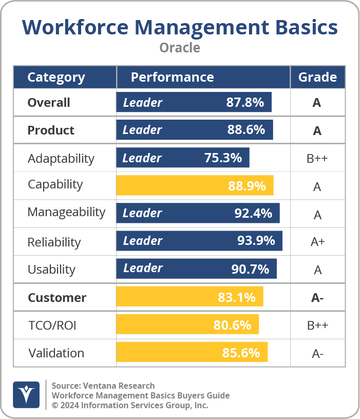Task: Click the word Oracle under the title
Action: [x=180, y=48]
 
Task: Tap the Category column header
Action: [x=56, y=78]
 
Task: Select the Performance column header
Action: [x=172, y=77]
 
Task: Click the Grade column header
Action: [x=317, y=77]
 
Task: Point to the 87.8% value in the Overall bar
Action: [x=245, y=103]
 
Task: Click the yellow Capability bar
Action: [x=195, y=185]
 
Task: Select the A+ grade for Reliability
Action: [x=317, y=242]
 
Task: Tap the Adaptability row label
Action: [x=61, y=158]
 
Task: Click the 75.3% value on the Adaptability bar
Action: [x=223, y=158]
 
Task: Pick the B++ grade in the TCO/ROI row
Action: [x=317, y=325]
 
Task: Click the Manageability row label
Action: [x=66, y=212]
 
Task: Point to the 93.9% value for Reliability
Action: [x=256, y=241]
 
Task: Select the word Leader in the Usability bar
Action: [x=143, y=269]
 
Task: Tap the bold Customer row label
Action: [x=57, y=298]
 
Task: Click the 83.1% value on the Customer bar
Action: [x=236, y=297]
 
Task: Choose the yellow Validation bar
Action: [x=192, y=353]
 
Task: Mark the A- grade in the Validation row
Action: [x=317, y=353]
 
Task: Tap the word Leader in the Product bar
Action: [x=142, y=130]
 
